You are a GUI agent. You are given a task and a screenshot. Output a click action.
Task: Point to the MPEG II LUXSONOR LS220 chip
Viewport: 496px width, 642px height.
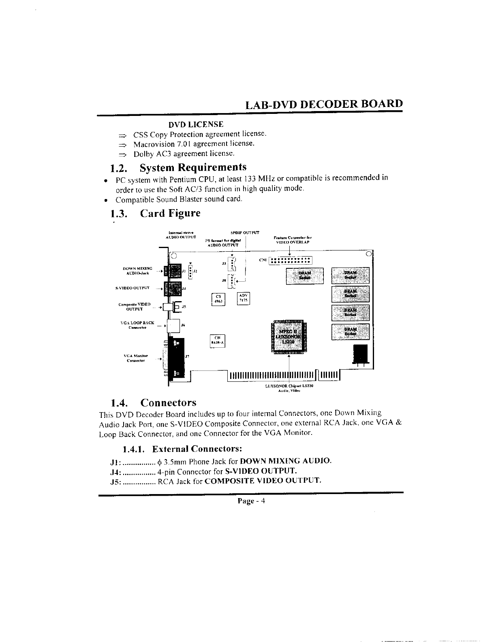click(288, 336)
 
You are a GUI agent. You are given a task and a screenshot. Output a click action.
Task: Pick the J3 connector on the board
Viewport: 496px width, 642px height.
click(232, 263)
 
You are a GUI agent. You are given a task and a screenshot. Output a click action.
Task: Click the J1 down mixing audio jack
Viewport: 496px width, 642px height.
click(175, 271)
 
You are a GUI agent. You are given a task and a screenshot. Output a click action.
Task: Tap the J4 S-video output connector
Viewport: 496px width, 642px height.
click(175, 289)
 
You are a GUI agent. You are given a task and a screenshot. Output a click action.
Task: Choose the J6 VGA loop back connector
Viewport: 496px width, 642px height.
click(174, 325)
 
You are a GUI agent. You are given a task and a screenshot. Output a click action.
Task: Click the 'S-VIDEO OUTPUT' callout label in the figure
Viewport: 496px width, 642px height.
click(133, 288)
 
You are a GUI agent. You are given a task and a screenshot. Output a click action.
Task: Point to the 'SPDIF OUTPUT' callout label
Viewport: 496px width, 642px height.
click(245, 233)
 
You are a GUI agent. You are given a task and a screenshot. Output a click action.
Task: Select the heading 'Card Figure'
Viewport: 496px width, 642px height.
click(170, 213)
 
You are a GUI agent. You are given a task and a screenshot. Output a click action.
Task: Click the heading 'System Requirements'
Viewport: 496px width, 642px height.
click(193, 167)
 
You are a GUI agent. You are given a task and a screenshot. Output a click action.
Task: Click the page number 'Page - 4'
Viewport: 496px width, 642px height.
click(251, 501)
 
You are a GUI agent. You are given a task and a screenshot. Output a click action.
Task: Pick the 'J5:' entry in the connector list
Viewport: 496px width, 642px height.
click(115, 481)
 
